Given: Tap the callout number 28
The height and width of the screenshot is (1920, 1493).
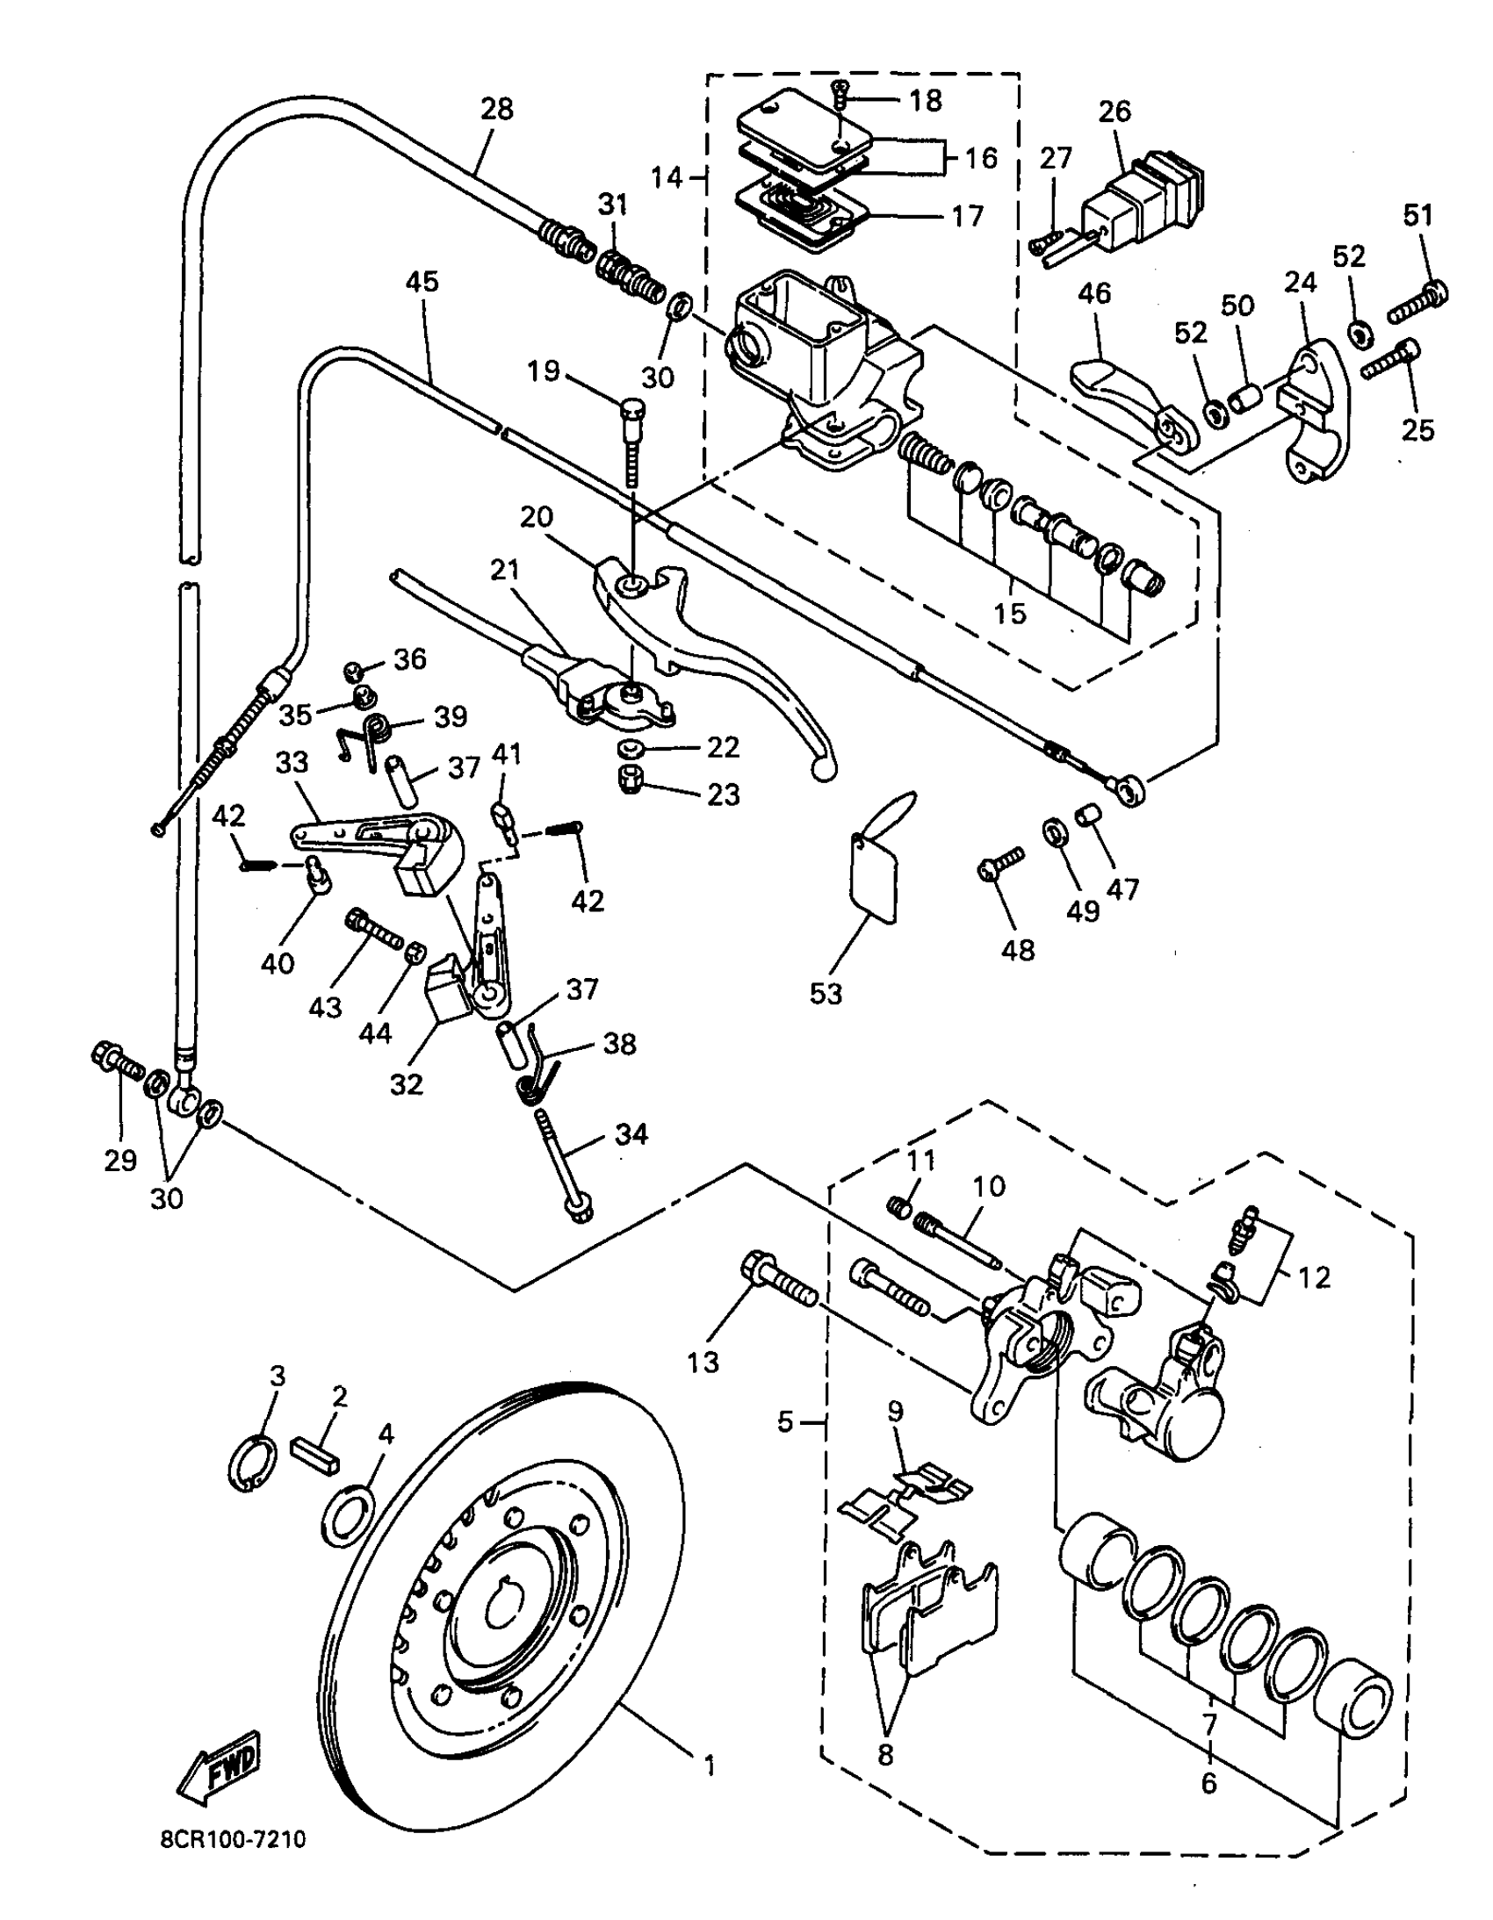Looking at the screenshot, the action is point(498,109).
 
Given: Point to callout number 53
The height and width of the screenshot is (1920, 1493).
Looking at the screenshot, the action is point(826,994).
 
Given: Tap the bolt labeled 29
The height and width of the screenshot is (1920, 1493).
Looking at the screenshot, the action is point(118,1063).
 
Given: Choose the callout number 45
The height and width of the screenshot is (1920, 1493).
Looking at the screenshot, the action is point(422,282).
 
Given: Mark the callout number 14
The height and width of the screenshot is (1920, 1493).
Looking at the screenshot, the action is point(667,176).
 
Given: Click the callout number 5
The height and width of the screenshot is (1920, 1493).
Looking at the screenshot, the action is point(786,1420).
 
